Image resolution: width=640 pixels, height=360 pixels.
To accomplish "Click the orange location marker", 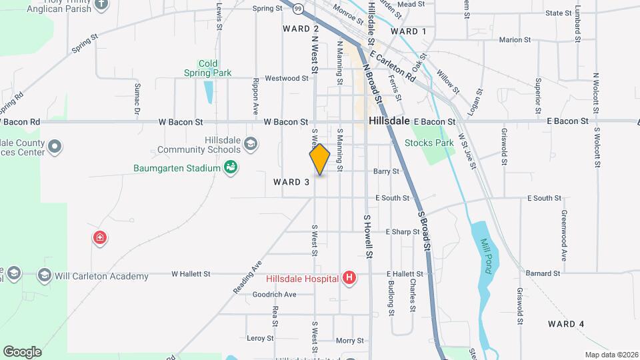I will pos(320,159).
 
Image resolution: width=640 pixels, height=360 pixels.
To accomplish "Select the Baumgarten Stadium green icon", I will pos(231,167).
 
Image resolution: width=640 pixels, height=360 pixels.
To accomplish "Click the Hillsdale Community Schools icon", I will pos(250,144).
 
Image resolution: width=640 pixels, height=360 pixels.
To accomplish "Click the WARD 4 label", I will pos(566,324).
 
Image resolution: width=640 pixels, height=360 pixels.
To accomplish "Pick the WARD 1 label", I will pos(409,31).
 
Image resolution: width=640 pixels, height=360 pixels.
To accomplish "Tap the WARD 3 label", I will pos(291,181).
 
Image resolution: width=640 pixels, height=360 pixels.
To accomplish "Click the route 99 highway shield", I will pos(299,9).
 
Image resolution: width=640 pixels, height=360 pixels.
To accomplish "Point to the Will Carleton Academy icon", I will pos(45,275).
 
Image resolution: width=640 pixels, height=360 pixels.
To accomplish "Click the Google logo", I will pos(22,352).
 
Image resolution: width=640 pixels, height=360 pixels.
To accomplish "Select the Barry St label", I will pos(386,171).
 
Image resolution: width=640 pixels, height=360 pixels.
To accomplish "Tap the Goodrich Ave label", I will pos(274,294).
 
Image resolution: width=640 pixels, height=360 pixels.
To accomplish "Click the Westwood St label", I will pos(286,78).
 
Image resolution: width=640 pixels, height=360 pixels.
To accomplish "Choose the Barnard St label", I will pos(543,273).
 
